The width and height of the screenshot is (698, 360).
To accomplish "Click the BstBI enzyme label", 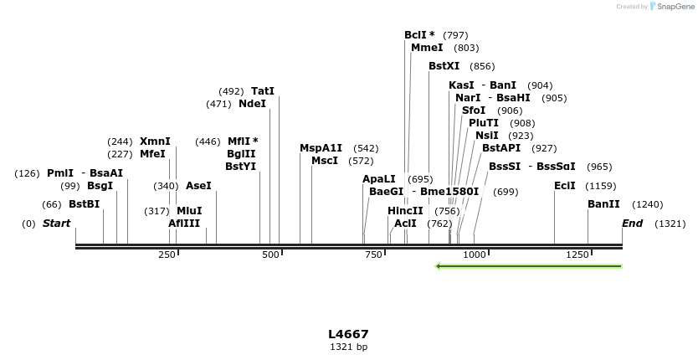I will [x=84, y=204].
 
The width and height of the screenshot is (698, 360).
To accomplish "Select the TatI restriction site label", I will [x=263, y=91].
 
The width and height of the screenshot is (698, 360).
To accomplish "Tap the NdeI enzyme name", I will [x=252, y=104].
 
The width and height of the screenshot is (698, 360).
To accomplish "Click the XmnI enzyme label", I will [x=155, y=141].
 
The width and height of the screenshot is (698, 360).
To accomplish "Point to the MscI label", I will [x=325, y=161].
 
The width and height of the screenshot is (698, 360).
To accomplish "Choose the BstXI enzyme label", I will [x=444, y=66].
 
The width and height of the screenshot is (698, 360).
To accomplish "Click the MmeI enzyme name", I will [x=427, y=48].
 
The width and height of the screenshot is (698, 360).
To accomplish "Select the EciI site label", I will [x=565, y=186].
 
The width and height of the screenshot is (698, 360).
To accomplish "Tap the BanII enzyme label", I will [x=603, y=204].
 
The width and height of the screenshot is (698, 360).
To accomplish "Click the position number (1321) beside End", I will [x=670, y=224].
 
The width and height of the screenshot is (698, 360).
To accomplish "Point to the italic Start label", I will [x=56, y=224].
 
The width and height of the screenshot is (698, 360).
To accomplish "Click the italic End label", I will [x=632, y=224].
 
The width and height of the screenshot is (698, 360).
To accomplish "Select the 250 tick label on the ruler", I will [x=167, y=255].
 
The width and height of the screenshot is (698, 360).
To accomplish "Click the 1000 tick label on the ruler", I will [x=474, y=255].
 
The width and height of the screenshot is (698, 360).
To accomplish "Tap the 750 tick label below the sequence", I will [x=372, y=255].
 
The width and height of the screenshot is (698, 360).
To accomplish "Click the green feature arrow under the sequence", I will [x=529, y=266].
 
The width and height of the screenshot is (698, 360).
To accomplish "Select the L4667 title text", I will [x=348, y=334].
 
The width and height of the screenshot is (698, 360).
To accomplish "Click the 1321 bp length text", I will [x=348, y=347].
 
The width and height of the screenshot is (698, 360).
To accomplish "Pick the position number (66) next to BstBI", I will [x=52, y=204].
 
